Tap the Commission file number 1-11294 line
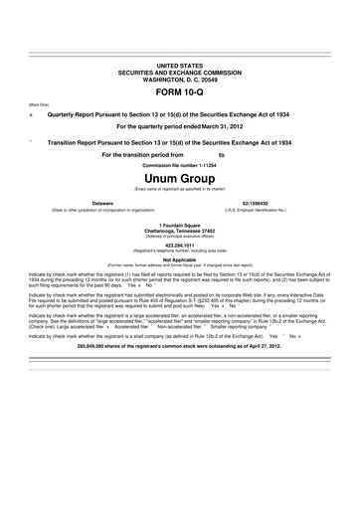point(180,164)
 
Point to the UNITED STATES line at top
point(180,64)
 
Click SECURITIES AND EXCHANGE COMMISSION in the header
point(180,70)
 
